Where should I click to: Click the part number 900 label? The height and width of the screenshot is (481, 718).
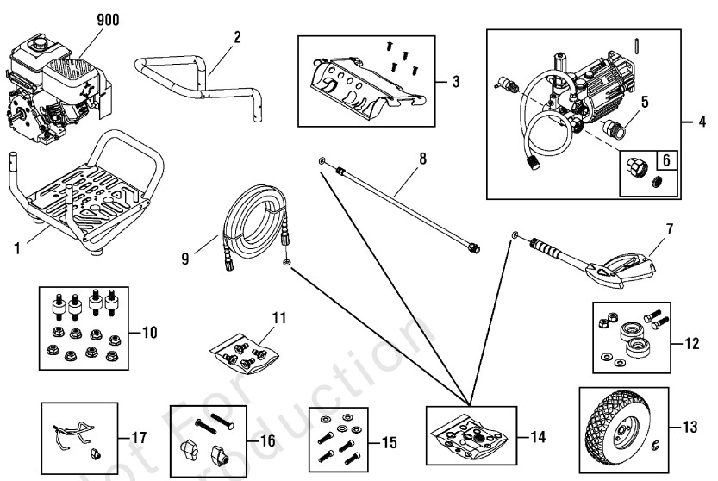pyautogui.click(x=109, y=20)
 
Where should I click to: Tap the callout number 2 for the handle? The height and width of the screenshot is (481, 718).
pyautogui.click(x=237, y=37)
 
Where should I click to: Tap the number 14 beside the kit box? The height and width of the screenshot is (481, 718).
pyautogui.click(x=538, y=437)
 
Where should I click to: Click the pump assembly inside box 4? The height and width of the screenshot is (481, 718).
pyautogui.click(x=573, y=95)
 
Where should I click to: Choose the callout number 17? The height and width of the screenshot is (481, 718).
pyautogui.click(x=138, y=438)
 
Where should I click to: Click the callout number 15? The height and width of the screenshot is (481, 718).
pyautogui.click(x=389, y=443)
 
